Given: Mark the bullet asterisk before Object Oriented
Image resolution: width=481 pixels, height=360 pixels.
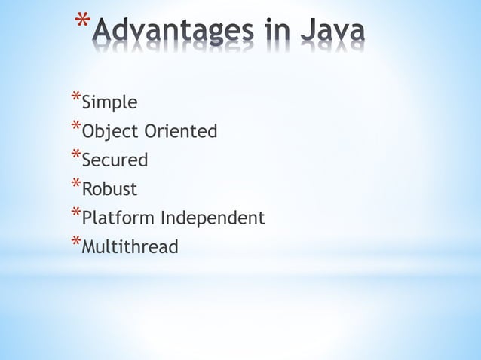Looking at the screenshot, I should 75,127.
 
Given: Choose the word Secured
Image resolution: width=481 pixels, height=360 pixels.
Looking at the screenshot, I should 115,160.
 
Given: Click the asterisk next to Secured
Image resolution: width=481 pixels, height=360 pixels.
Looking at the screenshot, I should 75,155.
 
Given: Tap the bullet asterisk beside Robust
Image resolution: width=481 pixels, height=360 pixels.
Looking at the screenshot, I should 75,184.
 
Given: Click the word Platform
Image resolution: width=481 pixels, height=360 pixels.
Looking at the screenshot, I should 118,218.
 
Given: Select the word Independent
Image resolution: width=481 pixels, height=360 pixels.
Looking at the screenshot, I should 213,218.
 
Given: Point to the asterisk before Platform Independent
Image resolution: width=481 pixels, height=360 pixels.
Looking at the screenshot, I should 75,213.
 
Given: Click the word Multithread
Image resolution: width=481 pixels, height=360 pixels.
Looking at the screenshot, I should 130,247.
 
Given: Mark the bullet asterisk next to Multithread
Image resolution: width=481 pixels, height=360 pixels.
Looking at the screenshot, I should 75,242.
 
